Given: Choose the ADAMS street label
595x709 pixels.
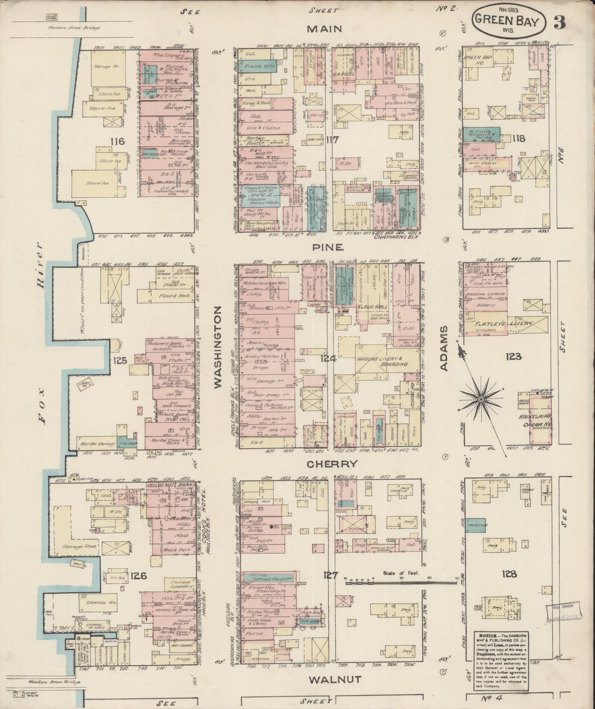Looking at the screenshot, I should coord(444,348).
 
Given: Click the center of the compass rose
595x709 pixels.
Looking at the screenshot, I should coord(480,400).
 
